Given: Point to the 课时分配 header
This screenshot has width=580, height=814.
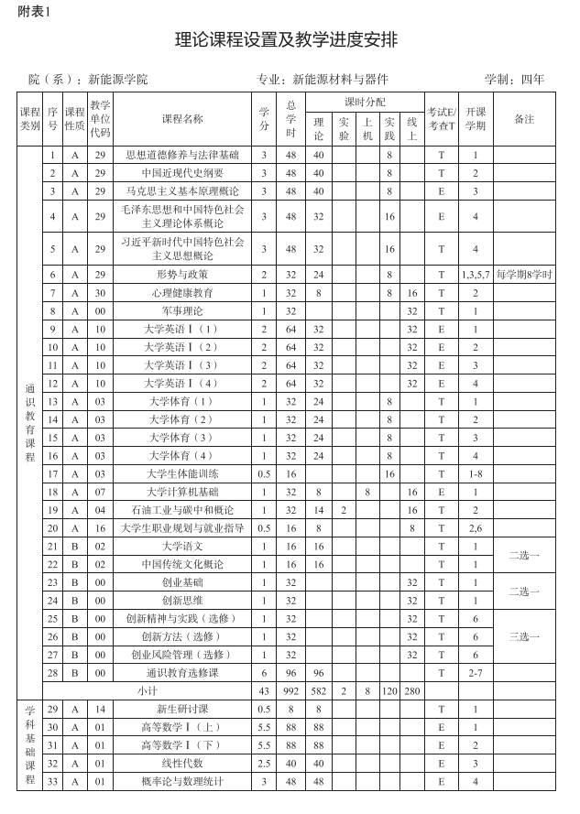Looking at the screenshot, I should (365, 102).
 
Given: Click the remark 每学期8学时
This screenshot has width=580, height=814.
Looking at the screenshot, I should (524, 275).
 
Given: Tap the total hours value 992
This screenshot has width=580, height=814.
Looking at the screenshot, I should (290, 690).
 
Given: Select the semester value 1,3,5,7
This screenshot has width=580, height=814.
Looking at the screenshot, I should (476, 275).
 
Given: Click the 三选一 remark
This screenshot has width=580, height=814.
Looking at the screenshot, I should (524, 636).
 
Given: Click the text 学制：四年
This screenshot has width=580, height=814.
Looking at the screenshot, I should (514, 79).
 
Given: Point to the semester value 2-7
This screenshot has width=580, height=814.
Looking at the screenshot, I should (476, 673).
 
